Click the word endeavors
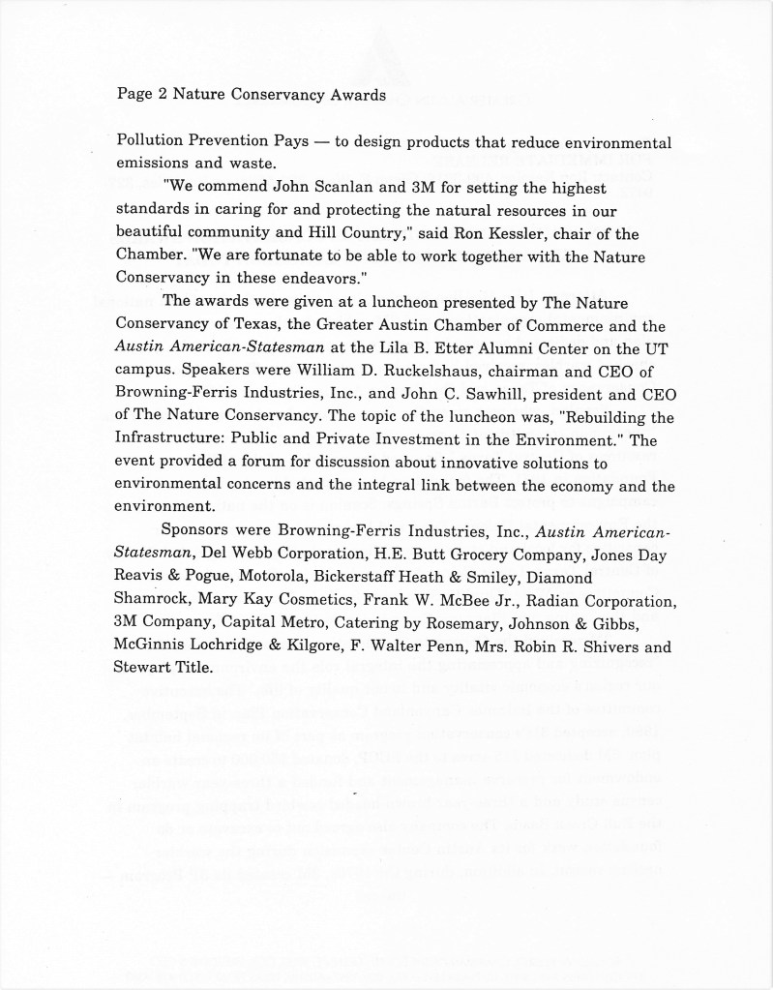tap(302, 279)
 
